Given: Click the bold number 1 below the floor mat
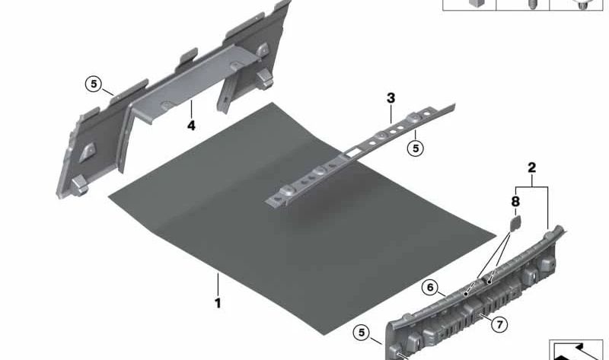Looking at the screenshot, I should click(x=218, y=303).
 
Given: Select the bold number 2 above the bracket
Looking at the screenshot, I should click(x=532, y=167).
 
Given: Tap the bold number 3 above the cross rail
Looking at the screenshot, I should click(x=391, y=98).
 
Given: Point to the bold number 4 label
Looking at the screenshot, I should click(x=191, y=125).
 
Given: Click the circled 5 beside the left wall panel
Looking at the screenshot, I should click(x=93, y=84).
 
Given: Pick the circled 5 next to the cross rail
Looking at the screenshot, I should click(x=415, y=148).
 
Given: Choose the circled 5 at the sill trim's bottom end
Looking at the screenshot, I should click(x=362, y=333).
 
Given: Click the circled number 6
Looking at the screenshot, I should click(x=431, y=288).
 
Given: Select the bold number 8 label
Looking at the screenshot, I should click(x=514, y=203).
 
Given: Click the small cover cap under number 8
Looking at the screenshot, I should click(x=513, y=222).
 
